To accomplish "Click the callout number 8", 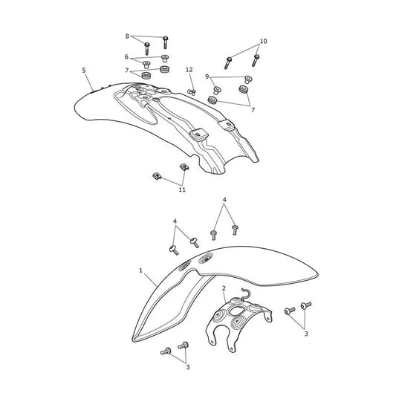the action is coord(127,36).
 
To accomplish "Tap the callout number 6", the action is coord(126,56).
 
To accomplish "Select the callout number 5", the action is coord(84,70).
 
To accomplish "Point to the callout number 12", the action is coord(189,70).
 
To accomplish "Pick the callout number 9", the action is coord(207,77).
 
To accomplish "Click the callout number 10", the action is coord(264,41).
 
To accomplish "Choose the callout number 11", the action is coord(182,189).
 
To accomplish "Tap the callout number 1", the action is coord(141,270).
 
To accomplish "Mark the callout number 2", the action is coord(224,288).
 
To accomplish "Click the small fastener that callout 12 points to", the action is coord(192,92).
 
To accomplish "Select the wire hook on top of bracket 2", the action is coord(245,294).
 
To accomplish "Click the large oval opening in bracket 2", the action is coord(236,311).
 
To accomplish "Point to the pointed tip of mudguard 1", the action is coord(133,340).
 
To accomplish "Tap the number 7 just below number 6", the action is coord(127,71).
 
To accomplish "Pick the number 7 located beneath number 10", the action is coord(253,110).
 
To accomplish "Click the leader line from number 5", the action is coord(90,82).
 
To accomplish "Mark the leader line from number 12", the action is coord(192,81).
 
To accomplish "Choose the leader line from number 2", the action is coord(225,297).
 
